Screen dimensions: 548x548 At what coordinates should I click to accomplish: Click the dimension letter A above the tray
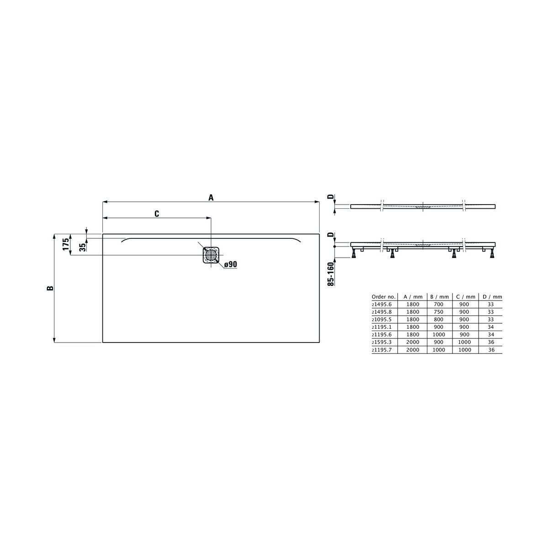point(211,197)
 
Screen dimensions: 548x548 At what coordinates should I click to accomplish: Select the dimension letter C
point(157,214)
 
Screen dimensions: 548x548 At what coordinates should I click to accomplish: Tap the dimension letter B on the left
point(50,288)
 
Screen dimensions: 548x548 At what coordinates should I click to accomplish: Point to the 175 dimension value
point(66,244)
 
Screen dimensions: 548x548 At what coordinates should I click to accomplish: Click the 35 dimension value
point(83,247)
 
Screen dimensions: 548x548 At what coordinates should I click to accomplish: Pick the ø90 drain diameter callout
point(230,264)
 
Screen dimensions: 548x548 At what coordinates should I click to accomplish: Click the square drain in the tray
point(211,255)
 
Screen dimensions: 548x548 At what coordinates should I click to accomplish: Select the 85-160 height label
point(331,274)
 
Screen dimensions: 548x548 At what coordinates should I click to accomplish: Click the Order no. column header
point(383,297)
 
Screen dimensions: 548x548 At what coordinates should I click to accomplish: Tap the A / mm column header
point(413,297)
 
